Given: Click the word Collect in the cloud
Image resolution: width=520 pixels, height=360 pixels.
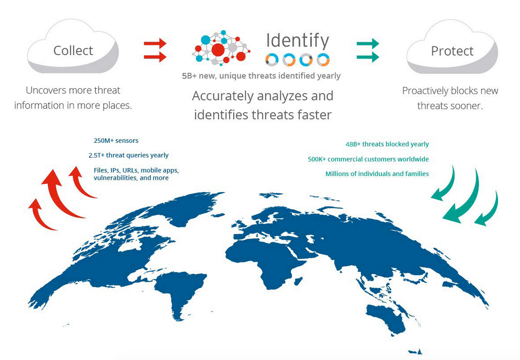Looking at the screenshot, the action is (x=73, y=51).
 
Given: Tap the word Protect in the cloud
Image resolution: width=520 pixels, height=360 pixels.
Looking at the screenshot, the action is (x=452, y=51).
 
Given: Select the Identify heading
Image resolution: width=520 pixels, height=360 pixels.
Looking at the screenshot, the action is (x=297, y=41).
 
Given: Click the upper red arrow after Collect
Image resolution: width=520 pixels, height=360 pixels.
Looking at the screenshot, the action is (x=155, y=43).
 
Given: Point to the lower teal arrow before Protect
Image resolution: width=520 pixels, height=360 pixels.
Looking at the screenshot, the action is (x=368, y=57).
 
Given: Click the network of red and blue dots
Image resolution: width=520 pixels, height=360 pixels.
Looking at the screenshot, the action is (x=221, y=48).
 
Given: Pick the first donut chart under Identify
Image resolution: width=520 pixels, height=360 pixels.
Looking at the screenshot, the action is (x=272, y=60).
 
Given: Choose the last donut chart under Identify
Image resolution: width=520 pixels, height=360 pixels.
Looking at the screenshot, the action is (x=323, y=60).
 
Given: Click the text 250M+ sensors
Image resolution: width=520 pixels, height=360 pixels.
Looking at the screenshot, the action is (x=116, y=141).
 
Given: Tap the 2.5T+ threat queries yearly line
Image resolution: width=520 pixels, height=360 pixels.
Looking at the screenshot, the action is (x=128, y=155).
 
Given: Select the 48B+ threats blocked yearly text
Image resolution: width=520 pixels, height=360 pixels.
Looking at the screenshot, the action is (x=387, y=144).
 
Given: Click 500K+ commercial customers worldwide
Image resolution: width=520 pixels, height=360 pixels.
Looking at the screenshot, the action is (x=368, y=159).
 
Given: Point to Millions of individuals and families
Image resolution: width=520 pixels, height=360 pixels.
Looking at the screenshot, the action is (x=377, y=174).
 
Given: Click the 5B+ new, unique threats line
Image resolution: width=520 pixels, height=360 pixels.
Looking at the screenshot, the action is (x=261, y=76).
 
